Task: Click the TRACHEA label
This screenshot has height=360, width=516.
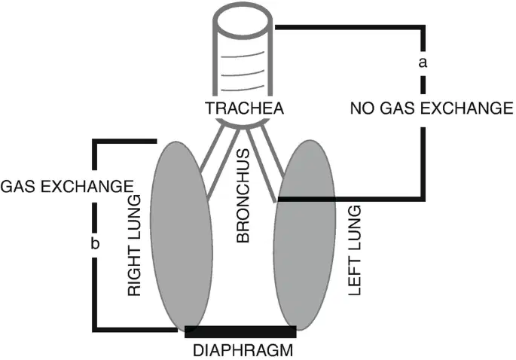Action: pyautogui.click(x=244, y=108)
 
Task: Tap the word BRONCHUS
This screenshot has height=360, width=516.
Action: pyautogui.click(x=243, y=196)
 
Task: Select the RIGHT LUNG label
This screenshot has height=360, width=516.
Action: pyautogui.click(x=134, y=246)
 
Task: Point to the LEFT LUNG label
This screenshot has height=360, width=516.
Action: pyautogui.click(x=355, y=251)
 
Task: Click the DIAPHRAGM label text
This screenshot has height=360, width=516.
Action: pyautogui.click(x=243, y=350)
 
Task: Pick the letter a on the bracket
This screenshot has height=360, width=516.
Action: pyautogui.click(x=423, y=63)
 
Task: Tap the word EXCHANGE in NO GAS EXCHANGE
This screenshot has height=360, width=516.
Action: pyautogui.click(x=466, y=108)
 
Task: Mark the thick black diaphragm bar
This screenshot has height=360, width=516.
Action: pyautogui.click(x=240, y=331)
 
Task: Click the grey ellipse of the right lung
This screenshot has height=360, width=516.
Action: pyautogui.click(x=182, y=236)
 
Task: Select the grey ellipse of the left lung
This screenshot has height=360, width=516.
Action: pyautogui.click(x=305, y=235)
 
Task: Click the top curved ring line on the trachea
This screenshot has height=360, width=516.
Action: pyautogui.click(x=243, y=55)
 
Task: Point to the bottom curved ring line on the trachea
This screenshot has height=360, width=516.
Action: pyautogui.click(x=243, y=88)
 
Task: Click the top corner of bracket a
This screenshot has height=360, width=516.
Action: pyautogui.click(x=423, y=27)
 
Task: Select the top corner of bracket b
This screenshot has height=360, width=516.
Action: pyautogui.click(x=95, y=142)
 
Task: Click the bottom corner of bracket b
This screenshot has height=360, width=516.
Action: pyautogui.click(x=95, y=330)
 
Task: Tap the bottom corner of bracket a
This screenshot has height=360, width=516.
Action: pyautogui.click(x=423, y=199)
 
